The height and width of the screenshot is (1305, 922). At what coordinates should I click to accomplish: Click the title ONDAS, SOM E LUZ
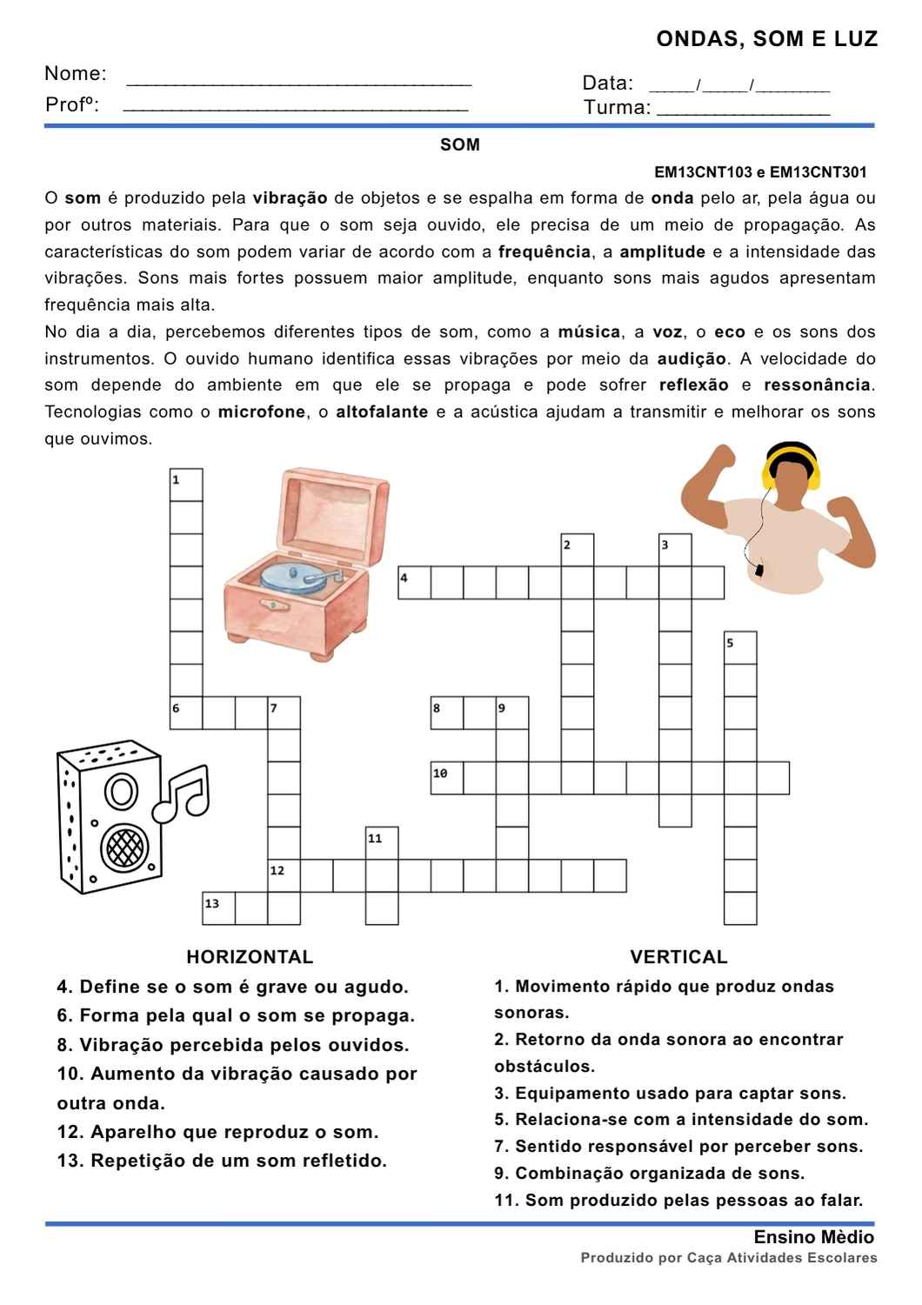pos(766,39)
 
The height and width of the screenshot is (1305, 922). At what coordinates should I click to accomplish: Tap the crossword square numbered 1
pos(186,485)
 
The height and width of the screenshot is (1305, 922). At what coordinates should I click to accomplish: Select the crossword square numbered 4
pos(415,583)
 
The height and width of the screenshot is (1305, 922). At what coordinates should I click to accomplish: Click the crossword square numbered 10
pos(447,778)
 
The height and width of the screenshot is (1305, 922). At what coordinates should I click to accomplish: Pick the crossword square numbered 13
pos(219,908)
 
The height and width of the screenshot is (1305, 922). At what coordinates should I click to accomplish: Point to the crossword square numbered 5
pos(740,648)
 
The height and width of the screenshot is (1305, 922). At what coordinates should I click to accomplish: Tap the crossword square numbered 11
pos(382,843)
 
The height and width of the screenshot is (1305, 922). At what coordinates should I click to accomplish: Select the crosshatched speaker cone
pos(124,847)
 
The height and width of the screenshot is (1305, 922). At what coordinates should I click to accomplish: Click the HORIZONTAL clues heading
pos(250,957)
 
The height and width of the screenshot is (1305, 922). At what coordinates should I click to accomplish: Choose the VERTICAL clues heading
pos(678,957)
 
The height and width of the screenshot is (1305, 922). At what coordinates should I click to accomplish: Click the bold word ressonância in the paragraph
pos(818,385)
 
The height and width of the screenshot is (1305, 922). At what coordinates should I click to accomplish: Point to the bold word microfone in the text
pos(262,412)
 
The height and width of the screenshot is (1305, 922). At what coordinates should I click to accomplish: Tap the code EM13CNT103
pos(703,172)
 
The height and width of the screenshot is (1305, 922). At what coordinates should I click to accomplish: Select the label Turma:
pos(618,107)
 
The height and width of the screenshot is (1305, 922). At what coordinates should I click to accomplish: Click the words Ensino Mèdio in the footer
pos(813,1237)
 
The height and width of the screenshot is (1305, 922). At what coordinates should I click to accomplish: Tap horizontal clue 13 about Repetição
pos(222,1161)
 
